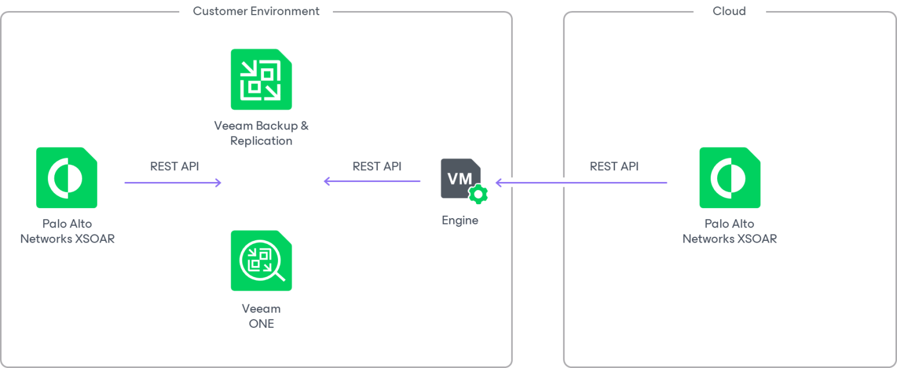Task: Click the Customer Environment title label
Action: (x=256, y=11)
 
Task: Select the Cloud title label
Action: (x=729, y=11)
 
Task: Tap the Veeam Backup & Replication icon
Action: (x=261, y=79)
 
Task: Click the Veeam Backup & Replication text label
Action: (x=261, y=133)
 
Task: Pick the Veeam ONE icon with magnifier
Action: (x=261, y=260)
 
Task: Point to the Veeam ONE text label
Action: (x=261, y=316)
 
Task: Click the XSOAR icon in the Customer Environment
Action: (x=67, y=177)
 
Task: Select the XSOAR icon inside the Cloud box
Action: (x=729, y=177)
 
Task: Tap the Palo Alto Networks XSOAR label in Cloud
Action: (x=729, y=231)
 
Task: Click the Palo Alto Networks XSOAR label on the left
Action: (x=67, y=231)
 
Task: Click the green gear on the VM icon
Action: (x=478, y=194)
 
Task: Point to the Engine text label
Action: (x=460, y=220)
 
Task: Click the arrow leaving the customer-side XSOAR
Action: (x=173, y=183)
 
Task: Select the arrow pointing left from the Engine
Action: (x=372, y=181)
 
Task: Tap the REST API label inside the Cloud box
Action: (x=614, y=166)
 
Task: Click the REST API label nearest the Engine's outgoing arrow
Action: (x=377, y=166)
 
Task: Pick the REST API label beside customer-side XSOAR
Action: (x=174, y=166)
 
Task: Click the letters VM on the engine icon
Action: (x=459, y=178)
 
